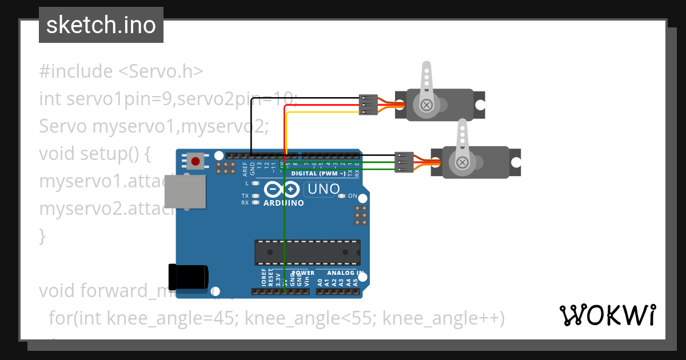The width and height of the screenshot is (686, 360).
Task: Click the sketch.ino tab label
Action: tap(101, 25)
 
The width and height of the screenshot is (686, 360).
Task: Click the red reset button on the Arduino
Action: tap(196, 162)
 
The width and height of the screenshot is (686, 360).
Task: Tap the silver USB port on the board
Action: tap(185, 191)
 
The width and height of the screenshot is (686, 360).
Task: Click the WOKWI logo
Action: tap(607, 315)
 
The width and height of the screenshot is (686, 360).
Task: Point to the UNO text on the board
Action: tap(324, 189)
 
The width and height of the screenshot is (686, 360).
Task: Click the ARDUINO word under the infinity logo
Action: tap(284, 203)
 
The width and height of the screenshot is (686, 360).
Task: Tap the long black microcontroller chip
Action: tap(308, 253)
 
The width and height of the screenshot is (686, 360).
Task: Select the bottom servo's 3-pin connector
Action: tap(404, 162)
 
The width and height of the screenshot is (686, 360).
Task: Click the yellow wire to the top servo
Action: tap(320, 113)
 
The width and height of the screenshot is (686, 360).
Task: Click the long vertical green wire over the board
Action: tap(284, 229)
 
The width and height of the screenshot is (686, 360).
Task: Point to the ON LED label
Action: tap(352, 196)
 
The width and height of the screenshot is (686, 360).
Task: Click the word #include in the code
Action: tap(76, 71)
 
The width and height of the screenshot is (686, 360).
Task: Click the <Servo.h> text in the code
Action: tap(161, 71)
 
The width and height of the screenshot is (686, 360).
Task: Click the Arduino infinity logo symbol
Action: tap(282, 189)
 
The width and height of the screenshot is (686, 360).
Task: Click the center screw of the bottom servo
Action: tap(461, 163)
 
